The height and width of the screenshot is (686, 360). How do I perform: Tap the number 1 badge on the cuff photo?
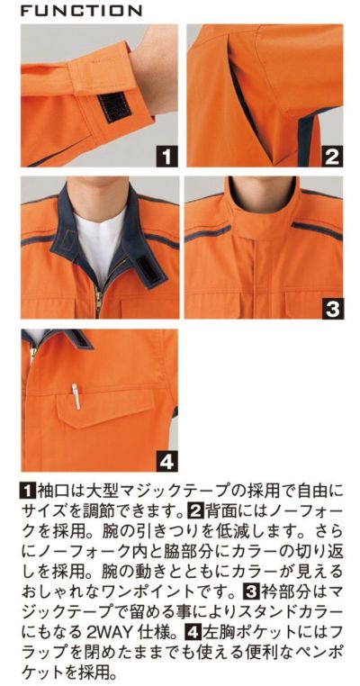tap(165, 156)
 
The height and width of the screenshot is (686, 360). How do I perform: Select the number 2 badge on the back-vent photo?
tap(331, 156)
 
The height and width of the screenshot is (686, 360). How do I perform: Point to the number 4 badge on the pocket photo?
tap(165, 461)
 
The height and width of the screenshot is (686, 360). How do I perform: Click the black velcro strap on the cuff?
tap(114, 105)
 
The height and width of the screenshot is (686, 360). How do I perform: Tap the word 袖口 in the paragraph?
tap(54, 492)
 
